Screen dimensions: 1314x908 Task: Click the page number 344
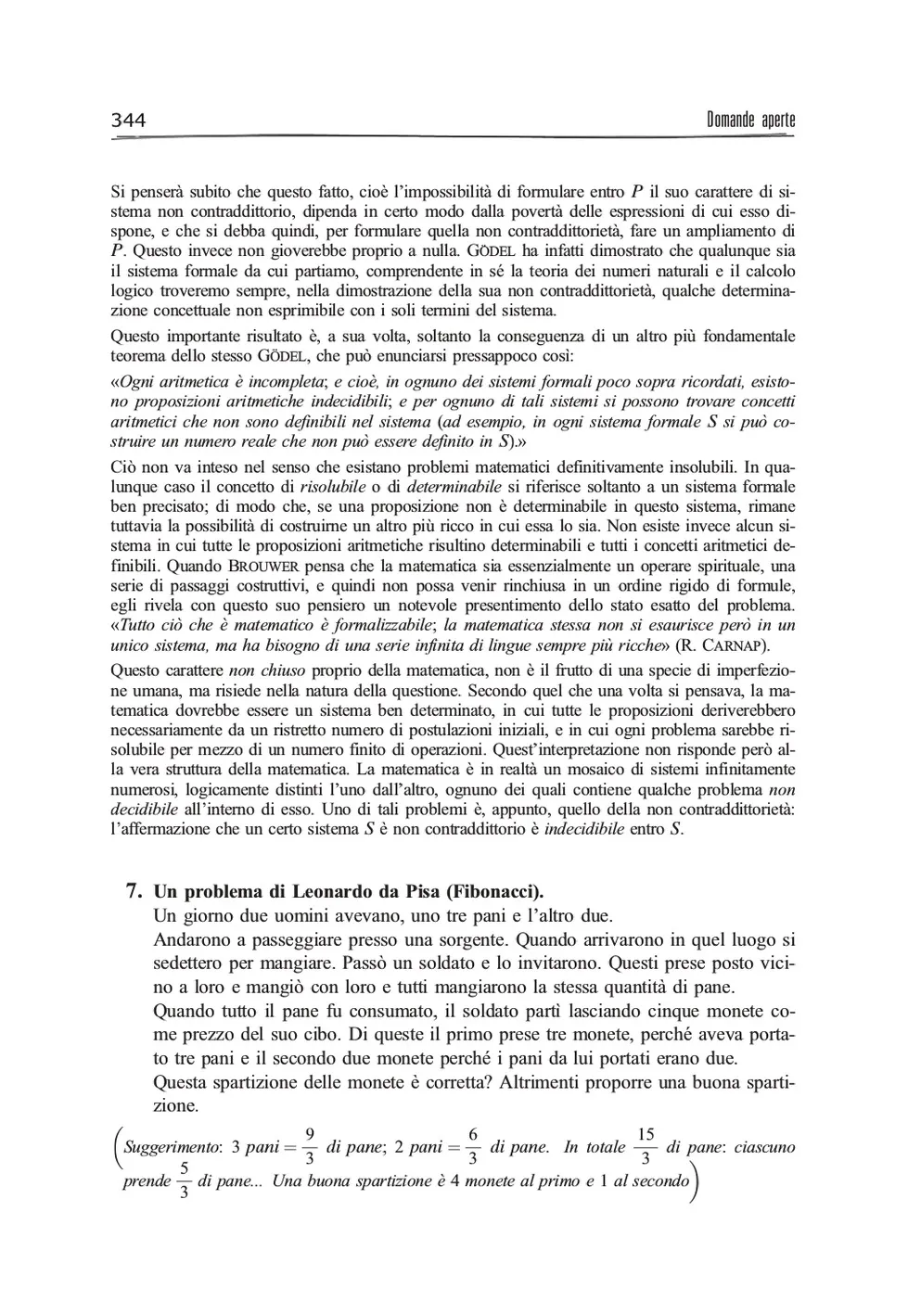(129, 120)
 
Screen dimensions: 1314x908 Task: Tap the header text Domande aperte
(750, 120)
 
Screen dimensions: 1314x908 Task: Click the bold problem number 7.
(134, 892)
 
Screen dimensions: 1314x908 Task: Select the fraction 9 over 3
(310, 1147)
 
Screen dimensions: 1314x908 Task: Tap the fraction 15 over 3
(646, 1147)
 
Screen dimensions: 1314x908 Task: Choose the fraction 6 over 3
(473, 1147)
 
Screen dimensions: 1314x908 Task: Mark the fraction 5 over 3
(185, 1180)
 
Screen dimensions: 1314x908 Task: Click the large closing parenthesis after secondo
(696, 1181)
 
